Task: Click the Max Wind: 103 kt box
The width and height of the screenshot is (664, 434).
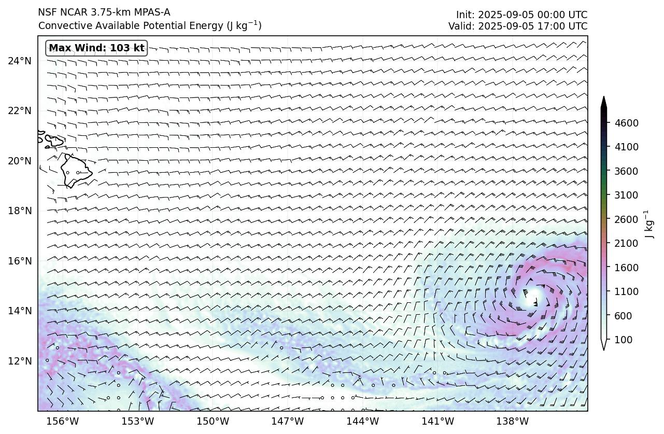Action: [x=96, y=48]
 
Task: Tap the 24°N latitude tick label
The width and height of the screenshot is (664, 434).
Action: [x=20, y=61]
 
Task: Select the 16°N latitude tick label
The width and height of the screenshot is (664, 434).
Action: [x=20, y=261]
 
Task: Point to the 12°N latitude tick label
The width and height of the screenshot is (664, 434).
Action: [x=20, y=361]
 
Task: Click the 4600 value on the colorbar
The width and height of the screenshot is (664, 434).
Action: [x=626, y=123]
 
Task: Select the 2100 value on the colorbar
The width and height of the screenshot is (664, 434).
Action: [x=626, y=243]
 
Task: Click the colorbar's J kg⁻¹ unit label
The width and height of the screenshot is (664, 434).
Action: [x=647, y=224]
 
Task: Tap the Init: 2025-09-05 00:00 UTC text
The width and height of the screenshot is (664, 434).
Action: [x=521, y=15]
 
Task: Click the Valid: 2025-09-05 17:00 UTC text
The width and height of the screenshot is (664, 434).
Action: [x=518, y=26]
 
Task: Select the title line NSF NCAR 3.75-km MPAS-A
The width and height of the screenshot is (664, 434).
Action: [x=104, y=12]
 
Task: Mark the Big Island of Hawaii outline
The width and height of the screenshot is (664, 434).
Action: [x=75, y=171]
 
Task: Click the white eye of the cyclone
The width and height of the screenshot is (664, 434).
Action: [x=534, y=295]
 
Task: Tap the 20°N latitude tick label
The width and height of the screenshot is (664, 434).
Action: [x=20, y=161]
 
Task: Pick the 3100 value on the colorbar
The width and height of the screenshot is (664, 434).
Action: [x=626, y=195]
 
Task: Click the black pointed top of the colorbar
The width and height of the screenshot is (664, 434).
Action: [x=604, y=102]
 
